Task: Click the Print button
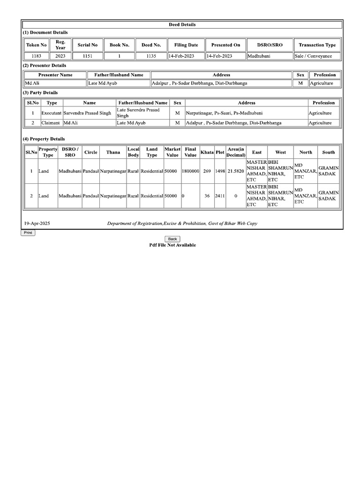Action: point(28,232)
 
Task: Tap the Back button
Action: point(172,239)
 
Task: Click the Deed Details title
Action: point(182,24)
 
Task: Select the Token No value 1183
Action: point(36,56)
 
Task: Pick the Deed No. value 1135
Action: point(150,56)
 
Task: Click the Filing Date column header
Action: point(186,45)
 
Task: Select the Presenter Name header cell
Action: point(55,75)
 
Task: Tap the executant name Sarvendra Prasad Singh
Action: point(87,113)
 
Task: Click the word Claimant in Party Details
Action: point(51,123)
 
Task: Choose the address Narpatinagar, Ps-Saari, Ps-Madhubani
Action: point(224,113)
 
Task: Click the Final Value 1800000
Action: point(190,171)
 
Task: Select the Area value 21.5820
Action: point(235,171)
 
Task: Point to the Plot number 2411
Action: point(220,196)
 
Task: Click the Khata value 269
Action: point(207,171)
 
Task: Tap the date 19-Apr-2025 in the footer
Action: point(37,224)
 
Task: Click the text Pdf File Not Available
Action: point(172,245)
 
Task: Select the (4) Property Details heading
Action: point(44,139)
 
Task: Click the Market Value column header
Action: point(172,152)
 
